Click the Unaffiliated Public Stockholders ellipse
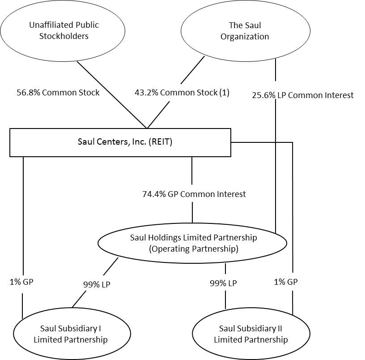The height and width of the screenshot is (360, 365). [64, 31]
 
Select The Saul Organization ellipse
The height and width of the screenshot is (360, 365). [245, 31]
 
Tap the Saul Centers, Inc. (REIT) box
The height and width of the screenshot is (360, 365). [120, 142]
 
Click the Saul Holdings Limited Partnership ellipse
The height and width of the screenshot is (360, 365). [192, 243]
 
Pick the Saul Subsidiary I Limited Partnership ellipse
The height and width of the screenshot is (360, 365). [72, 334]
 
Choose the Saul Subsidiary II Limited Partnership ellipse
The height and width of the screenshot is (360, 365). [250, 334]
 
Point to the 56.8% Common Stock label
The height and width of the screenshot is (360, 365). [58, 93]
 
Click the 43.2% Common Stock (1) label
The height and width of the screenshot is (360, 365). [182, 93]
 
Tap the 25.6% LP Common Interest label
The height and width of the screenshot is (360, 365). [303, 95]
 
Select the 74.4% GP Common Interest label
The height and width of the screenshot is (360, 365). [194, 194]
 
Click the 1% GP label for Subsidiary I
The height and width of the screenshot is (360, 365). [21, 282]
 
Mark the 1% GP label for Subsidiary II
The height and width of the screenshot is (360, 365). [286, 282]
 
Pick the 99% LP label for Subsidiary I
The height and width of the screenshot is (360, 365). [96, 284]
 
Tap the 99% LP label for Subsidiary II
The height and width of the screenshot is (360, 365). [223, 283]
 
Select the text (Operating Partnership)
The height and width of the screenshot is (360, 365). [194, 249]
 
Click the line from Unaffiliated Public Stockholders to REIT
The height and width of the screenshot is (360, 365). [112, 95]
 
